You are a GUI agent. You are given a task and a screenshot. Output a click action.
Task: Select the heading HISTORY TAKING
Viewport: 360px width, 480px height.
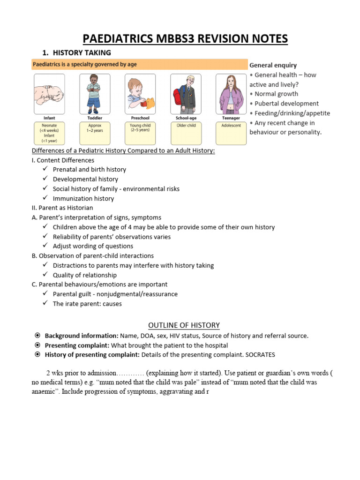tap(82, 52)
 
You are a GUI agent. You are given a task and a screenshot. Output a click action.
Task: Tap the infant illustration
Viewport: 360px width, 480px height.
tap(49, 94)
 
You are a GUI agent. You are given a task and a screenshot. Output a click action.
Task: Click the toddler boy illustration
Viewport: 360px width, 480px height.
tap(95, 94)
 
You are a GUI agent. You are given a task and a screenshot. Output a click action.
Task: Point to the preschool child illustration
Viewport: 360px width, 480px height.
tap(140, 94)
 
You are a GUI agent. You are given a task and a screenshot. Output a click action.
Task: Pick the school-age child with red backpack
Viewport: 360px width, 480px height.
tap(186, 94)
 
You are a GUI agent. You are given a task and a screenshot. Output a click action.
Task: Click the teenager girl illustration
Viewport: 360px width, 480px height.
tap(231, 94)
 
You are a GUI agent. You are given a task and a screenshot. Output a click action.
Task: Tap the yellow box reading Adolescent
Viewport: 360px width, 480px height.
tap(231, 133)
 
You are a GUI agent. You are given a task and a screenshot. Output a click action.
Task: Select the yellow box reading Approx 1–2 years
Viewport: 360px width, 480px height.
tap(95, 133)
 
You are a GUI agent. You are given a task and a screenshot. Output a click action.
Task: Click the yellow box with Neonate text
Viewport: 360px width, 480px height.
tap(49, 133)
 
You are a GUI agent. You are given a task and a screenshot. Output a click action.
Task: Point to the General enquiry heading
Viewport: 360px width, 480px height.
tap(273, 65)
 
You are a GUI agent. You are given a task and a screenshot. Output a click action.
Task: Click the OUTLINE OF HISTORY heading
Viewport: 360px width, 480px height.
tap(184, 325)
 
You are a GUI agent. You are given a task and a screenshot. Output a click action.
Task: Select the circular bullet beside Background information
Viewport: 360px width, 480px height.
tap(37, 336)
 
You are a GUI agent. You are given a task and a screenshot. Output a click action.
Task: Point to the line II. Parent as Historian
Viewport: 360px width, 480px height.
tap(62, 208)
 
